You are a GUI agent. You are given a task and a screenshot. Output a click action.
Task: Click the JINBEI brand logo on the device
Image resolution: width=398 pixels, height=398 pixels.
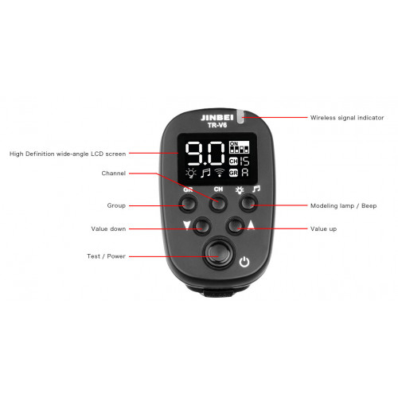tap(217, 118)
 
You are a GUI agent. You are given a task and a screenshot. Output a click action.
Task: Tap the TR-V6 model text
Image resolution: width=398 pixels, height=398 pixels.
tap(217, 125)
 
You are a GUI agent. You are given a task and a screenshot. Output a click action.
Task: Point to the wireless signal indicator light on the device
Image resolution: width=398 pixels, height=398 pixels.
tap(240, 116)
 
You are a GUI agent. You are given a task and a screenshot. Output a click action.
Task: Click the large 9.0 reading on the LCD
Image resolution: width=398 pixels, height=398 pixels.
tap(205, 154)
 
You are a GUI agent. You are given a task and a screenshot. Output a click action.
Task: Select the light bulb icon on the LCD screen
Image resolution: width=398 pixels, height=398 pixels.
tap(190, 173)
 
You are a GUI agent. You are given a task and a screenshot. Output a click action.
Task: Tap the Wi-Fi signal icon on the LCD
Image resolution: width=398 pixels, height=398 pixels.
tap(220, 173)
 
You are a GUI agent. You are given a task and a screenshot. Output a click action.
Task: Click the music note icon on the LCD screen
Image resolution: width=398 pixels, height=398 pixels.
tap(205, 173)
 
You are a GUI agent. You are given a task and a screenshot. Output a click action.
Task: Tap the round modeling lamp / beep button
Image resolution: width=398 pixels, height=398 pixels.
tap(248, 204)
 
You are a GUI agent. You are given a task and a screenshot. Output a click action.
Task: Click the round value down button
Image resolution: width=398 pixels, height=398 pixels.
tap(202, 226)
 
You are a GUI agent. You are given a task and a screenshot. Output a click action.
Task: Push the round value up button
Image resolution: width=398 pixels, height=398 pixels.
tap(235, 225)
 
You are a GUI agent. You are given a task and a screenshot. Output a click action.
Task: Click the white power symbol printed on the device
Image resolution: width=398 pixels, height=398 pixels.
tap(244, 262)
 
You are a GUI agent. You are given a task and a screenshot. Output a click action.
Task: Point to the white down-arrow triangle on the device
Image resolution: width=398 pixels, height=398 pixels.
tap(187, 225)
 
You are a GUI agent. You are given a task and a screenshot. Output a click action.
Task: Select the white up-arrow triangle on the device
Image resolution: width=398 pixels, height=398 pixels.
tap(251, 225)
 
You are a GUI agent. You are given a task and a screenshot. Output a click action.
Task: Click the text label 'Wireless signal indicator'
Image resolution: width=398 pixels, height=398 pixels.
tap(347, 118)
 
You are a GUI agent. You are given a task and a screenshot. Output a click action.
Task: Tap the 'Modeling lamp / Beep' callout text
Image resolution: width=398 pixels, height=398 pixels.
tap(343, 206)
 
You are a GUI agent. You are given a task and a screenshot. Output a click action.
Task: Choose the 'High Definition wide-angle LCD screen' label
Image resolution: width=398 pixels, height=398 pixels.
tap(68, 154)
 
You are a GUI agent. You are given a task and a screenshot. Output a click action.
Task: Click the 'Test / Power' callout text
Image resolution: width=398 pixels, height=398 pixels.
tap(106, 256)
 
